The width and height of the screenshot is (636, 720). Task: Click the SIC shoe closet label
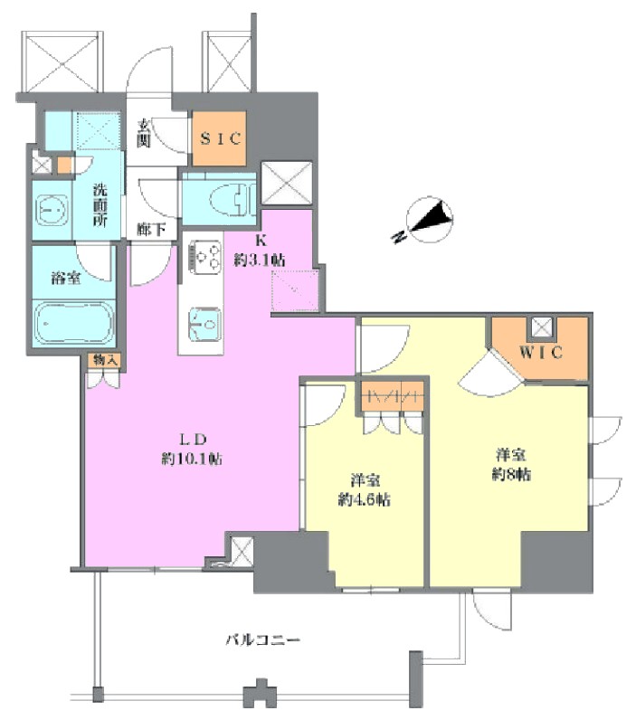(x=221, y=138)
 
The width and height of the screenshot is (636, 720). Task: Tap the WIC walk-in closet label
(x=541, y=352)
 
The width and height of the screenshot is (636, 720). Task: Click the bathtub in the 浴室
(x=73, y=322)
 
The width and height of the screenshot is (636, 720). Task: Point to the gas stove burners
(x=203, y=258)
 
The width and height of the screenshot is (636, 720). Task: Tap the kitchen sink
(x=204, y=324)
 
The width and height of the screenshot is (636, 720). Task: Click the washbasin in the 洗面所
(x=52, y=211)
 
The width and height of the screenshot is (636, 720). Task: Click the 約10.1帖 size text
(x=192, y=459)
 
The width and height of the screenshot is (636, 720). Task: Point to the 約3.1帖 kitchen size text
(x=260, y=261)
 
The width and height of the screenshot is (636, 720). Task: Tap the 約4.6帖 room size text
(x=365, y=499)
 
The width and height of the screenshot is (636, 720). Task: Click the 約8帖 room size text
(x=511, y=474)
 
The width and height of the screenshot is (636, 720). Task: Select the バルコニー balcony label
(x=262, y=639)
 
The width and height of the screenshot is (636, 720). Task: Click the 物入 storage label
(x=105, y=360)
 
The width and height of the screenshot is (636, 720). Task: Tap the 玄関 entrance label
(x=144, y=133)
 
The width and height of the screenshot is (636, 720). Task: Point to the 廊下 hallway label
(x=152, y=228)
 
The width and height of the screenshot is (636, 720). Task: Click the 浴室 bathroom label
(x=66, y=278)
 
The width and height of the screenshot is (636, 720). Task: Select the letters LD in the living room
(x=192, y=440)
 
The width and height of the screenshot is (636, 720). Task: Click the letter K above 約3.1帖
(x=261, y=242)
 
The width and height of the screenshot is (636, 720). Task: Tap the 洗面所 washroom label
(x=100, y=204)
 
